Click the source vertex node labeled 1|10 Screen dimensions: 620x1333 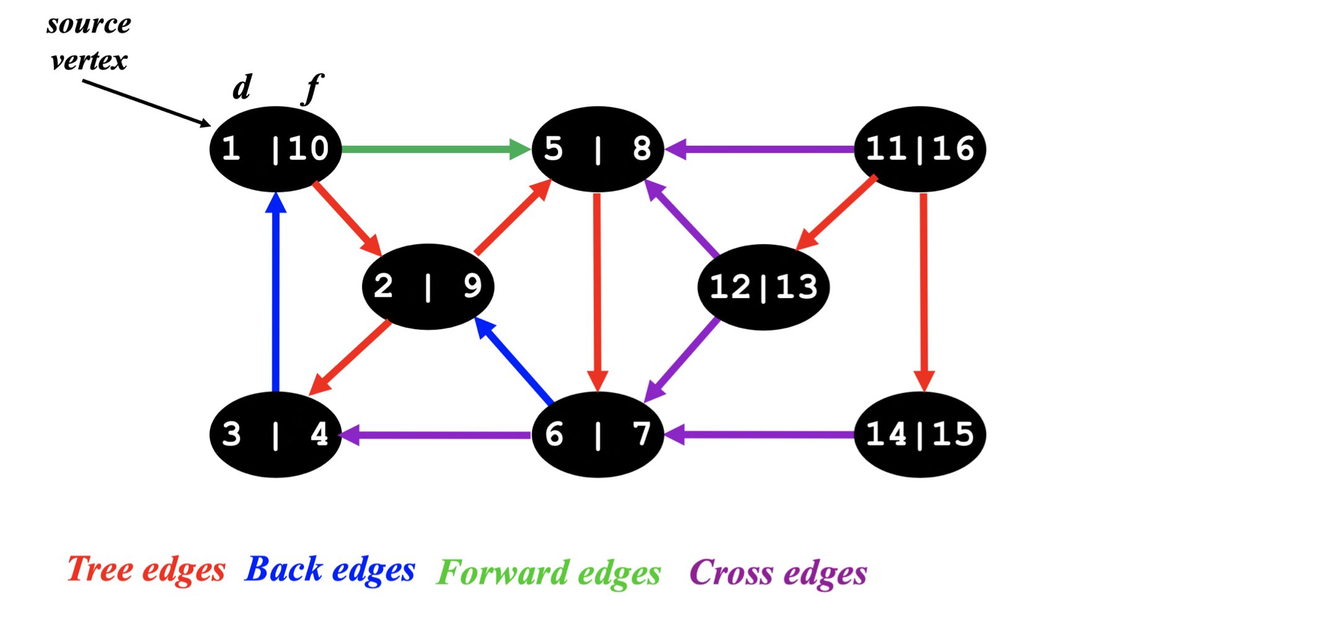pyautogui.click(x=275, y=149)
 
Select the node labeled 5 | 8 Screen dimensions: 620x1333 pyautogui.click(x=598, y=149)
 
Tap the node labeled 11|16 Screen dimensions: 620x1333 pyautogui.click(x=919, y=149)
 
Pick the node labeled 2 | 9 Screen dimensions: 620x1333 pyautogui.click(x=428, y=286)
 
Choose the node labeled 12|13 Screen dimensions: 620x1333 pyautogui.click(x=763, y=287)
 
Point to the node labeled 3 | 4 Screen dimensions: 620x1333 pyautogui.click(x=275, y=434)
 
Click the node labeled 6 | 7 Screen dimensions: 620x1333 pyautogui.click(x=598, y=434)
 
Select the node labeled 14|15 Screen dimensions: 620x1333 pyautogui.click(x=919, y=434)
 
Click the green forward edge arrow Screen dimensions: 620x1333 pyautogui.click(x=434, y=149)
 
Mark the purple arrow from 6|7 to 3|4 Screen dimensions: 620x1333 pyautogui.click(x=436, y=435)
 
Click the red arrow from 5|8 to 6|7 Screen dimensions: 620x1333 pyautogui.click(x=597, y=291)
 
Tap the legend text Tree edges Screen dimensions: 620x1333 pyautogui.click(x=146, y=569)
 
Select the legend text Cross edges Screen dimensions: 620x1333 pyautogui.click(x=778, y=572)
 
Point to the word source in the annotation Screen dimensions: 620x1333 pyautogui.click(x=89, y=24)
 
